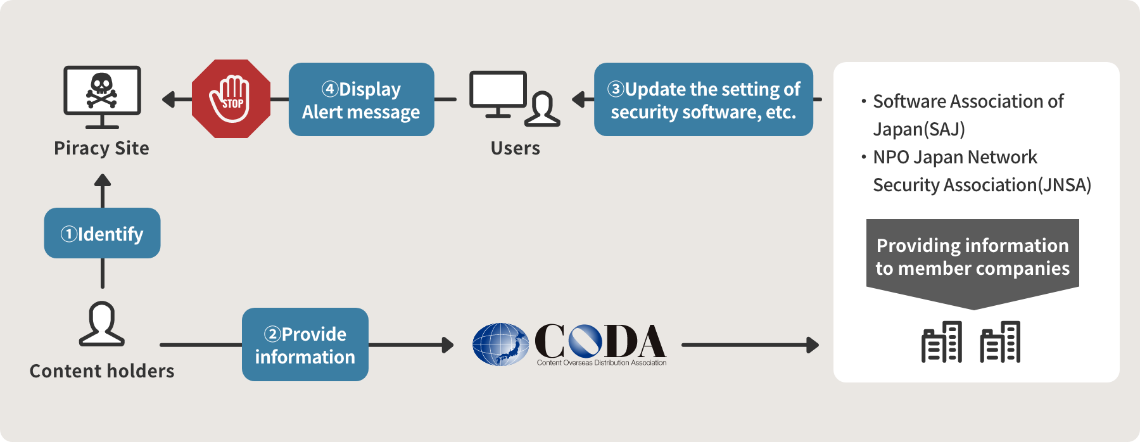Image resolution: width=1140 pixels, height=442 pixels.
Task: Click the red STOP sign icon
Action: (x=231, y=99)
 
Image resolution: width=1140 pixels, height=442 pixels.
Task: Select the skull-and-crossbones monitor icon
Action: (x=102, y=97)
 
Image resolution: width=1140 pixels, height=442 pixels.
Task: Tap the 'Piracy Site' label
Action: (x=101, y=148)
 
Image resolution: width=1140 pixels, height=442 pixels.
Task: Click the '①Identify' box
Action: (x=102, y=233)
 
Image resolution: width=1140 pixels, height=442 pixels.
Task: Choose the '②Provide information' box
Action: (x=305, y=344)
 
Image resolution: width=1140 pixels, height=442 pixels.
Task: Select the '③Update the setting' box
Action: (x=704, y=99)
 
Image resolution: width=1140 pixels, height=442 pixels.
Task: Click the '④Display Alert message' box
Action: (x=361, y=99)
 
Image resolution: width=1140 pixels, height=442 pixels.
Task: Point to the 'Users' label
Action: (x=516, y=148)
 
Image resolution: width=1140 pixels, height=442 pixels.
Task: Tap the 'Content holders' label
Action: (x=102, y=370)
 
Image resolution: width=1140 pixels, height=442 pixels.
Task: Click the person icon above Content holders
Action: (x=102, y=324)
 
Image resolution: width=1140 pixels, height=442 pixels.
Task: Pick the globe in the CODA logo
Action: (x=500, y=344)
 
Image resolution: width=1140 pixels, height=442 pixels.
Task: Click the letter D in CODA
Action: (x=623, y=341)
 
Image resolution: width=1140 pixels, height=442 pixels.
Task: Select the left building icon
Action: (x=942, y=342)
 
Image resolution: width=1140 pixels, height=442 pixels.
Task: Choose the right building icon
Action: (x=1000, y=342)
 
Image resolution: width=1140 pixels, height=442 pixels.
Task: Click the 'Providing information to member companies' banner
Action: (x=973, y=263)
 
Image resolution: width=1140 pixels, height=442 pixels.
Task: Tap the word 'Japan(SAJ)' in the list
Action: (x=919, y=129)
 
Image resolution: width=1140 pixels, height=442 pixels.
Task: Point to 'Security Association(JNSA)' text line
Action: (x=982, y=185)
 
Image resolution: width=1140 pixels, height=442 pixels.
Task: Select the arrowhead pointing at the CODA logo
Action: (x=448, y=345)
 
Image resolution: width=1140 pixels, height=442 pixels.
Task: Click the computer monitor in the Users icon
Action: (x=498, y=94)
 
